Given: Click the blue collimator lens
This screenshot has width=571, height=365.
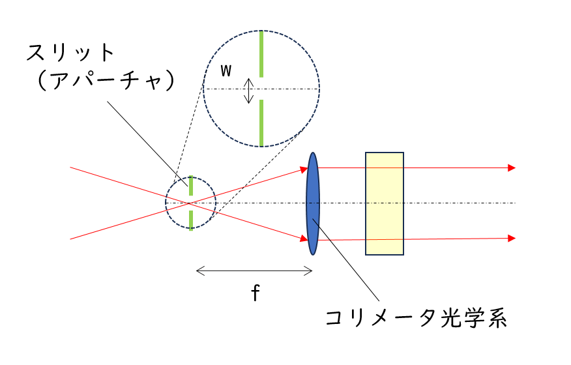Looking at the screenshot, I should [314, 203].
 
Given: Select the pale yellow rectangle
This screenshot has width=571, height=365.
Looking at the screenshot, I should [385, 203].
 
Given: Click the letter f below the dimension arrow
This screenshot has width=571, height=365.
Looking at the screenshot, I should [256, 293].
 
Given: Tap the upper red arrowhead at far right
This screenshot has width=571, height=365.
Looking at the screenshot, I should [512, 168].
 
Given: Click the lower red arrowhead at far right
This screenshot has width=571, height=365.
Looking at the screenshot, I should [512, 238].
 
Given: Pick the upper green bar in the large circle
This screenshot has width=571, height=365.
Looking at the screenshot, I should [261, 53].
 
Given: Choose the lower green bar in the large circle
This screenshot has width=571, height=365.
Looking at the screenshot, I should [261, 123].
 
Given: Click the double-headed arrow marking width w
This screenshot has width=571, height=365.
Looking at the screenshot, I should [248, 91].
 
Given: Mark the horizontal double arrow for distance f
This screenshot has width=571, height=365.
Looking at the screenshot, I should [254, 271].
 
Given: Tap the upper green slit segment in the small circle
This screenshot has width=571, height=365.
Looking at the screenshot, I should [190, 185].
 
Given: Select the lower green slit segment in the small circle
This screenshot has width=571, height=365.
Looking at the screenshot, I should [190, 220].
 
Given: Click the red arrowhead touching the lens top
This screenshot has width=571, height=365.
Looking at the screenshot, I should [304, 169].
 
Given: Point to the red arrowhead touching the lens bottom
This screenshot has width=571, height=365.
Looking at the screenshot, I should [304, 239].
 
